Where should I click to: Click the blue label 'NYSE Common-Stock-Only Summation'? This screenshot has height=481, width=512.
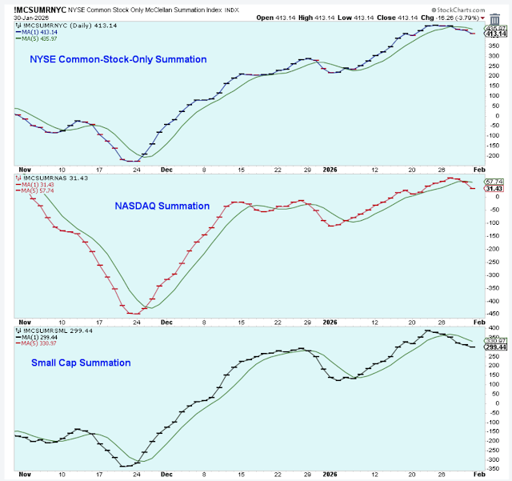pos(118,59)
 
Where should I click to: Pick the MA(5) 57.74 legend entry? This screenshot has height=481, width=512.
pos(38,192)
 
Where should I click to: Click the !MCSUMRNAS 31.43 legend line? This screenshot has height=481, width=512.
pos(48,178)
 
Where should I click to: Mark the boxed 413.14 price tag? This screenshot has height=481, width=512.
pos(496,34)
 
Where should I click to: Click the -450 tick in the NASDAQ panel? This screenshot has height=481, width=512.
pos(494,313)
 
